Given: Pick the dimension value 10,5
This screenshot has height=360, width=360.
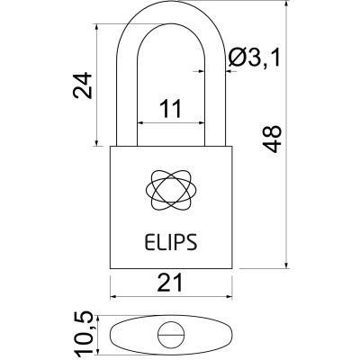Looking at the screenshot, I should coord(81,332).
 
